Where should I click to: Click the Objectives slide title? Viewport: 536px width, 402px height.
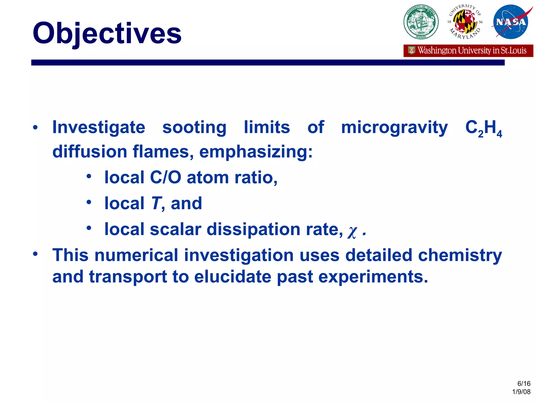(x=107, y=33)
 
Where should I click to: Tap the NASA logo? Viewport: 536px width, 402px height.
(x=511, y=22)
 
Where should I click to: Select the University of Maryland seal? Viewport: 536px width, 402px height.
(x=465, y=22)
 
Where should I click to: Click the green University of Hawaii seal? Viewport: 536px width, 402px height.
(x=421, y=22)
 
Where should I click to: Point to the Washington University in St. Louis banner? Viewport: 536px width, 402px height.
(x=468, y=51)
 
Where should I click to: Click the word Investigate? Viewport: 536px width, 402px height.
(x=99, y=127)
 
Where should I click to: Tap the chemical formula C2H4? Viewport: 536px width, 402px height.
(x=483, y=129)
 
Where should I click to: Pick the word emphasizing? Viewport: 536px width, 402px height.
(x=256, y=152)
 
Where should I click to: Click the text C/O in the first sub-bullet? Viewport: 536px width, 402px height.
(x=165, y=177)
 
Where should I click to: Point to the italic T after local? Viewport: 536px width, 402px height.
(x=156, y=203)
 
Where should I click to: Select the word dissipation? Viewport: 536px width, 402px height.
(x=253, y=230)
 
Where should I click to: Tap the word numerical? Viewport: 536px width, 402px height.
(x=136, y=255)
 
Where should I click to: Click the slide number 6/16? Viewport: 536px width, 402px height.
(x=524, y=384)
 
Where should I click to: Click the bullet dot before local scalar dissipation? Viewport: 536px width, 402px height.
(x=89, y=228)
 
